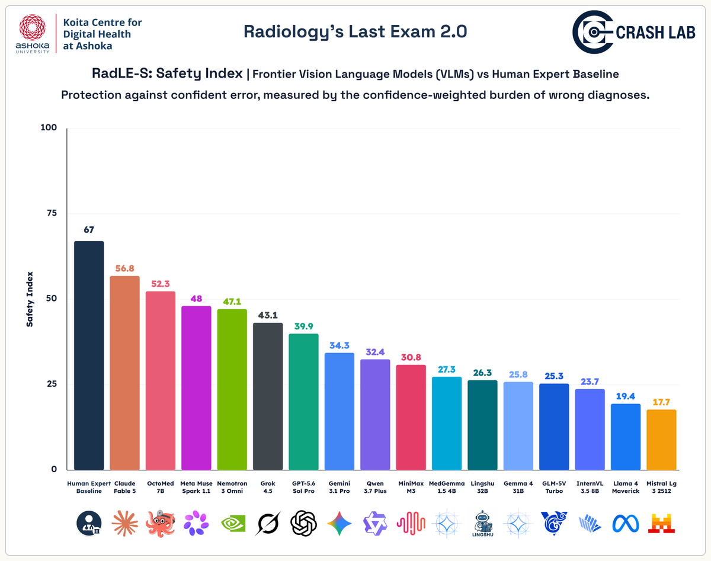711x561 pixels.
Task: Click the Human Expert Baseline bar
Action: pos(89,355)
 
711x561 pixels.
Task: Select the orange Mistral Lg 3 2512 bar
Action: pos(661,440)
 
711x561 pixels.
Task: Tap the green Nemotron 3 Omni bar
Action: pos(232,389)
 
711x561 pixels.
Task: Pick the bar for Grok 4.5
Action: pos(268,396)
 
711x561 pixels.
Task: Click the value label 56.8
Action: pos(124,268)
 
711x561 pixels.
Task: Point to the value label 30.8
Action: pos(411,357)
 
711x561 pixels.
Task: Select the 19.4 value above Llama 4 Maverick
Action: pos(626,396)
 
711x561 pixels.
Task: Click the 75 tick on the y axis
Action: pos(52,213)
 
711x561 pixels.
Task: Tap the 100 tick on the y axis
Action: pos(49,127)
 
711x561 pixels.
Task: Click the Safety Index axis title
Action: pos(30,299)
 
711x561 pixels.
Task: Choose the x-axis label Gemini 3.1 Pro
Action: pos(340,487)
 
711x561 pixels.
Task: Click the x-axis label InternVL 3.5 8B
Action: pos(590,487)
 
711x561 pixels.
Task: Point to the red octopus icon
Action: pos(161,523)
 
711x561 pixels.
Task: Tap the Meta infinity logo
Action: pos(626,524)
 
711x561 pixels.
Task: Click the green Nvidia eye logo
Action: pos(233,524)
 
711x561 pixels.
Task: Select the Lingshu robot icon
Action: pos(482,523)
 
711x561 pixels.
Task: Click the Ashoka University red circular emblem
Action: pos(33,27)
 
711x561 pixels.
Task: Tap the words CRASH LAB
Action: pos(655,33)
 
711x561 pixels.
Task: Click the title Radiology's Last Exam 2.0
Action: pos(355,32)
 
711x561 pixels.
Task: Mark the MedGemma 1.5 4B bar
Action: pos(447,423)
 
